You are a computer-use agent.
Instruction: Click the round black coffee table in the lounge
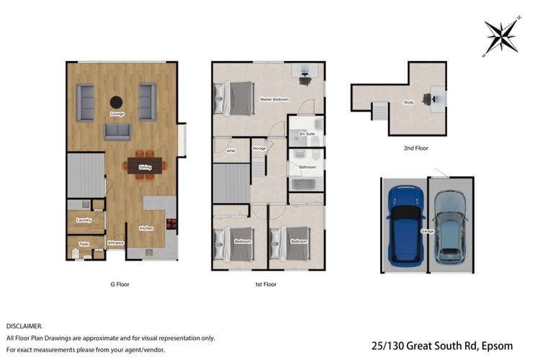[x=115, y=102]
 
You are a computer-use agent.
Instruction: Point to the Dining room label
[x=145, y=168]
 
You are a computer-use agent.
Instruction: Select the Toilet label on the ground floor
[x=84, y=245]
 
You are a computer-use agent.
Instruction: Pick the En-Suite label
[x=307, y=134]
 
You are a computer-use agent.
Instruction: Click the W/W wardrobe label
[x=231, y=151]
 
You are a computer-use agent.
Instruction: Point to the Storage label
[x=259, y=149]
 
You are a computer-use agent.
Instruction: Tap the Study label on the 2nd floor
[x=408, y=102]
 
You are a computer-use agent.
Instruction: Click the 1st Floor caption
[x=266, y=284]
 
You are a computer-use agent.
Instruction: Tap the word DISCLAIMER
[x=24, y=326]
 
